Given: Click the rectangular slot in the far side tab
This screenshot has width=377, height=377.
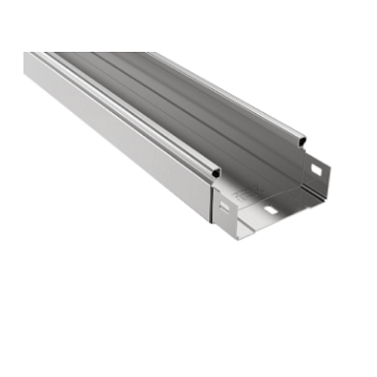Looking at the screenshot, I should click(317, 171).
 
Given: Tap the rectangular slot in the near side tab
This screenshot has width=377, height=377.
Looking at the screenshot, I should click(222, 203).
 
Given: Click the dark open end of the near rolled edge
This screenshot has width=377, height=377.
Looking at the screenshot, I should click(216, 173).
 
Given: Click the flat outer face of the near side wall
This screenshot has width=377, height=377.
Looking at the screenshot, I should click(113, 136).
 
